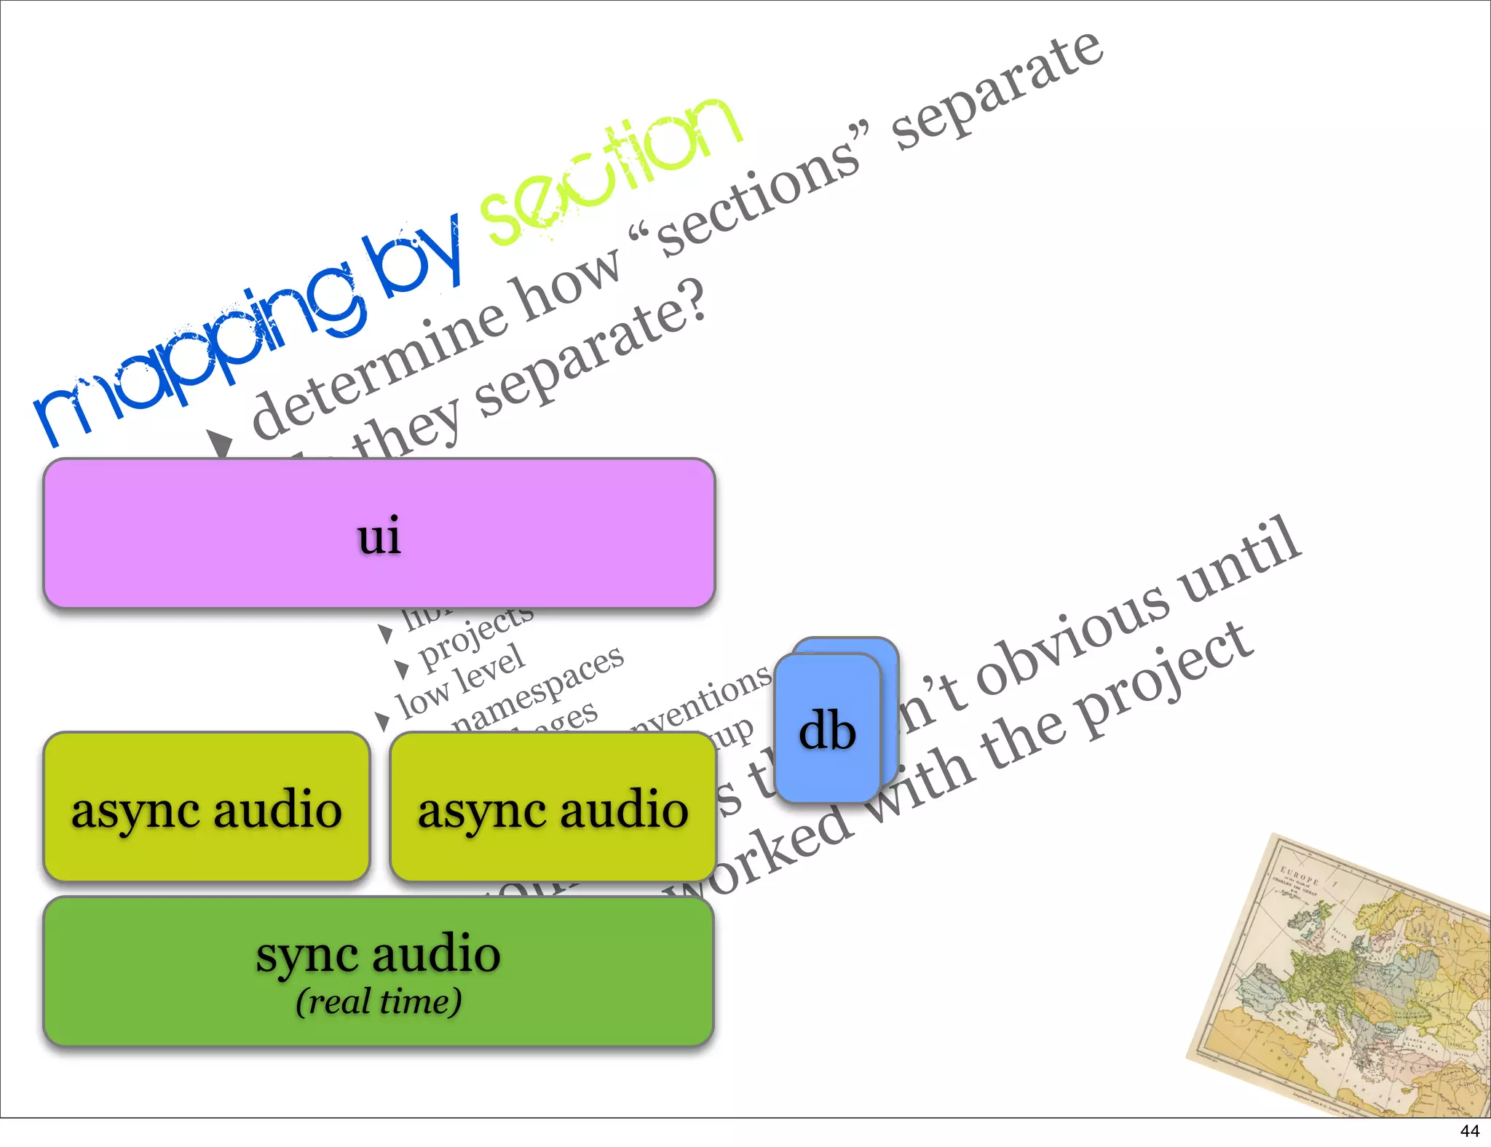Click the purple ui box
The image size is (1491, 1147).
click(379, 533)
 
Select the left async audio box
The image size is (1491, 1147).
click(207, 807)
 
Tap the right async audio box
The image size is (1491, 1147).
click(553, 807)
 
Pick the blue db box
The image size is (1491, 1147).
click(828, 729)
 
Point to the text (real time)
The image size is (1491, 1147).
click(379, 1002)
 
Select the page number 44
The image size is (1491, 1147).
click(1469, 1131)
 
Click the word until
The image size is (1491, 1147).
click(1238, 557)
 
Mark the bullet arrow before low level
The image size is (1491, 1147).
click(383, 721)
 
